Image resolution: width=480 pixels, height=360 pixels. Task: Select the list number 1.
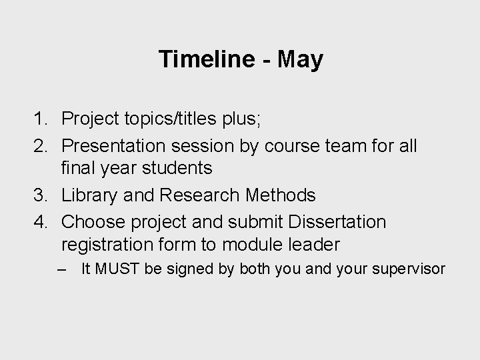[x=39, y=119]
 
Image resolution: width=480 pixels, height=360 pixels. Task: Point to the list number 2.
[x=39, y=145]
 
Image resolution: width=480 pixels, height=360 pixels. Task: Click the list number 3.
[x=39, y=195]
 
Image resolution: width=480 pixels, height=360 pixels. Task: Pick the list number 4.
[x=39, y=221]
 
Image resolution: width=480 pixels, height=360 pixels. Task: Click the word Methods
[x=281, y=195]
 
